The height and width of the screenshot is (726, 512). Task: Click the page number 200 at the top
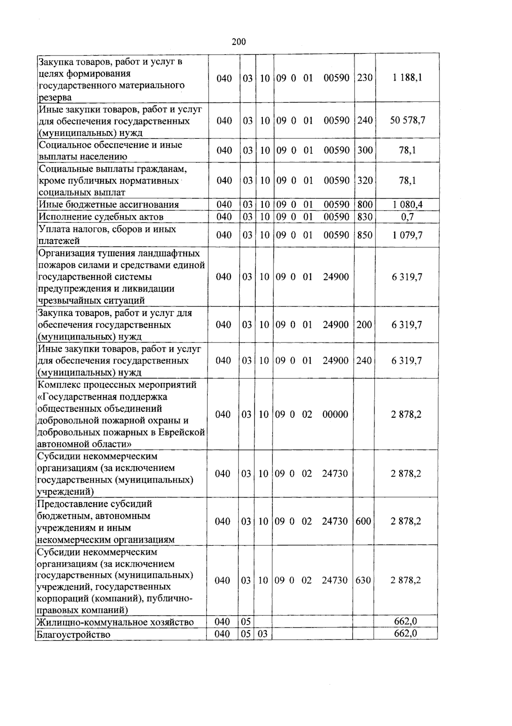(239, 41)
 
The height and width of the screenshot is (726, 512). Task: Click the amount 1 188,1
(407, 78)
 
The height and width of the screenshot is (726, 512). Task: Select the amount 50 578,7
(407, 120)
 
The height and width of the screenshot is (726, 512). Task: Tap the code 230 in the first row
(364, 78)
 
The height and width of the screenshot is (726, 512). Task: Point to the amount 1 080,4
(407, 205)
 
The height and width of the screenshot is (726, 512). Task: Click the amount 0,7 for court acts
(407, 217)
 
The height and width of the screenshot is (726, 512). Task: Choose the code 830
(364, 217)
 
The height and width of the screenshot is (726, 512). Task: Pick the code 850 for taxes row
(364, 235)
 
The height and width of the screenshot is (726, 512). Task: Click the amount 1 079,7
(407, 235)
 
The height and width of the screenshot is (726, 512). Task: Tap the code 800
(364, 205)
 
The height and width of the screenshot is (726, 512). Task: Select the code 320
(364, 180)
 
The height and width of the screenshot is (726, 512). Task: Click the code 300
(364, 150)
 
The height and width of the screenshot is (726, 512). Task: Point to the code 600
(363, 521)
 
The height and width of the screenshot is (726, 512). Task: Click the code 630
(363, 580)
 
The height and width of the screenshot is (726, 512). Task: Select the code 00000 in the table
(335, 414)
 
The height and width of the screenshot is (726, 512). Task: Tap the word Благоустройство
(73, 635)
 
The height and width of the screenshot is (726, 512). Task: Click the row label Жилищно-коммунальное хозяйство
(115, 622)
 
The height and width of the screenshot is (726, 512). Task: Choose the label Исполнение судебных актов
(101, 217)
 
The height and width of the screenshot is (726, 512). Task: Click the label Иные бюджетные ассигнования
(108, 205)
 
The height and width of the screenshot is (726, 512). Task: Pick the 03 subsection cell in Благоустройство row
(262, 634)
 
